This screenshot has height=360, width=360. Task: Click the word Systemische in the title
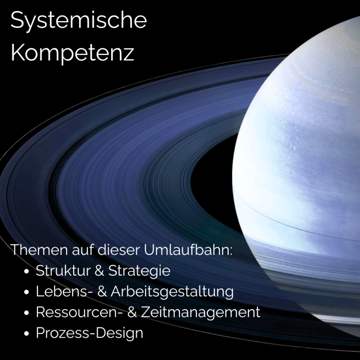tap(79, 21)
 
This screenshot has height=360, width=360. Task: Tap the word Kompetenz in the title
tap(72, 53)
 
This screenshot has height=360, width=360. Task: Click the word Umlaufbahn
tap(188, 250)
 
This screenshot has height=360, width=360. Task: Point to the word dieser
tap(119, 250)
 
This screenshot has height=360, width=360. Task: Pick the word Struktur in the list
tap(63, 270)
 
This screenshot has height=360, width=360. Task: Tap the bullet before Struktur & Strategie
tap(27, 271)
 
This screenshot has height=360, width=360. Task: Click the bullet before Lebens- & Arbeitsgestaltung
tap(27, 292)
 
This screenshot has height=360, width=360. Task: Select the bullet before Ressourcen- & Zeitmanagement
tap(27, 313)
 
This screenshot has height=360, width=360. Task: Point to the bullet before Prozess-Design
tap(27, 333)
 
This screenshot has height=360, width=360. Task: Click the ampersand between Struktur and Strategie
tap(99, 270)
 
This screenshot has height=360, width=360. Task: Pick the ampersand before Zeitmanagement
tap(132, 312)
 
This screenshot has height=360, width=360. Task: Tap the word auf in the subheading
tap(83, 250)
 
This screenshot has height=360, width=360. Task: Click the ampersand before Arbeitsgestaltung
tap(102, 291)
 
